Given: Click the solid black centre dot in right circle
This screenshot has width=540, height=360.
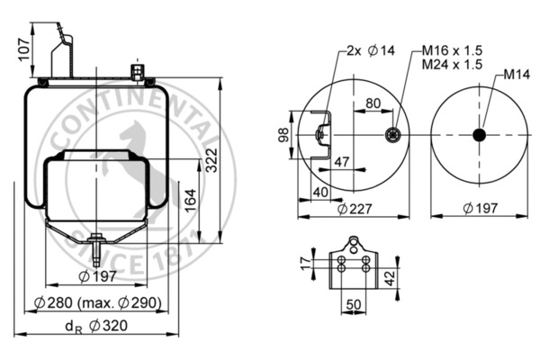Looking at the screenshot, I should coord(478,135).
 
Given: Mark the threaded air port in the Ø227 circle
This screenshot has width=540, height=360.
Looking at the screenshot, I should coord(392,135).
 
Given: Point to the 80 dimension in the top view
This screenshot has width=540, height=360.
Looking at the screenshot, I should coord(372,103).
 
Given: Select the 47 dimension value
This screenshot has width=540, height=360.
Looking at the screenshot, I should coord(341,162).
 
